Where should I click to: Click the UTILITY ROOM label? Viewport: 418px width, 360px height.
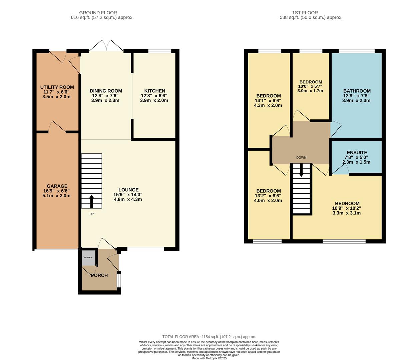(57, 87)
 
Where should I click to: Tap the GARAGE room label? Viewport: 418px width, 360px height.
(57, 186)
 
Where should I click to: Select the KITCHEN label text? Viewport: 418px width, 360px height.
(155, 91)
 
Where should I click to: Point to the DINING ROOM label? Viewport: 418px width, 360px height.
(106, 91)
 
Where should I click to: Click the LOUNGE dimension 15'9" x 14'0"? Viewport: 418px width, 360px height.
(128, 195)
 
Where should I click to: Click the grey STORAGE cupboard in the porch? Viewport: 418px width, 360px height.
(88, 258)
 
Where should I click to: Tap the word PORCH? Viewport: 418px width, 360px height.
(99, 275)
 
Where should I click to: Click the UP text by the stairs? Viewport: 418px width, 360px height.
(92, 214)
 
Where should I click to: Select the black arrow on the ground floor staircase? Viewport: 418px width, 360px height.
(92, 201)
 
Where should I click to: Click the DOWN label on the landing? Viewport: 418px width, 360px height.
(301, 158)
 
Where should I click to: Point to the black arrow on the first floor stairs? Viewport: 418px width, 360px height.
(301, 170)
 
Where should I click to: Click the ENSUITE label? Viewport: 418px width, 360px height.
(357, 153)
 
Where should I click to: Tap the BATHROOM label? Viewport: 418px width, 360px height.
(357, 91)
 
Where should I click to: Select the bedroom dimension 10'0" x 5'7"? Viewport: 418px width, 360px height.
(310, 86)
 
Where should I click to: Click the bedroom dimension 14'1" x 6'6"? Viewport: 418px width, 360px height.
(268, 101)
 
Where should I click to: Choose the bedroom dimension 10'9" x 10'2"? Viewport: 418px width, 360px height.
(347, 208)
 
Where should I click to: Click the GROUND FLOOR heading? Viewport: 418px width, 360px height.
(98, 13)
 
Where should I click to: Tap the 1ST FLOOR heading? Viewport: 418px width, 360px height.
(305, 13)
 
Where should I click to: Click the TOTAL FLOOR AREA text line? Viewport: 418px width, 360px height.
(209, 337)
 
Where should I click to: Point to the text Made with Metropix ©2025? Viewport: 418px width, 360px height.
(209, 358)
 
